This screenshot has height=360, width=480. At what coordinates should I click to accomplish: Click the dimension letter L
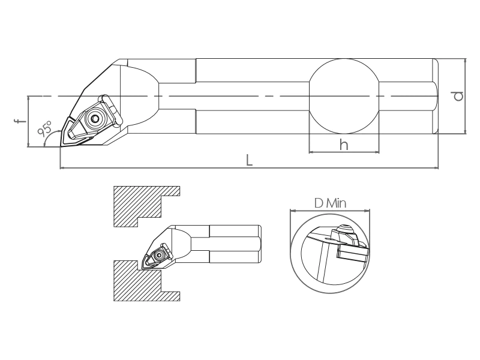pyautogui.click(x=250, y=160)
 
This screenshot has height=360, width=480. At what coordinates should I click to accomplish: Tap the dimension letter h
pyautogui.click(x=344, y=144)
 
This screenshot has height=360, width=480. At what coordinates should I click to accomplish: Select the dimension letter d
pyautogui.click(x=458, y=96)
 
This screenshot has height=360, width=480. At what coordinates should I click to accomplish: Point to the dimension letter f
pyautogui.click(x=20, y=121)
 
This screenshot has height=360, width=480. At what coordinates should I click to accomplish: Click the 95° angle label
pyautogui.click(x=44, y=128)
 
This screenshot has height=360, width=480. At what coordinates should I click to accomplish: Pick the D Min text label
pyautogui.click(x=331, y=203)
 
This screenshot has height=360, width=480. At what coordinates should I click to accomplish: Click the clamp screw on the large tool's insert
pyautogui.click(x=95, y=118)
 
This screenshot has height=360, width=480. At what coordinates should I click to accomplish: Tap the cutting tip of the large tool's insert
pyautogui.click(x=61, y=146)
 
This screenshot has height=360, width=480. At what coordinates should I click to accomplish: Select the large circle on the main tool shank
pyautogui.click(x=344, y=96)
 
